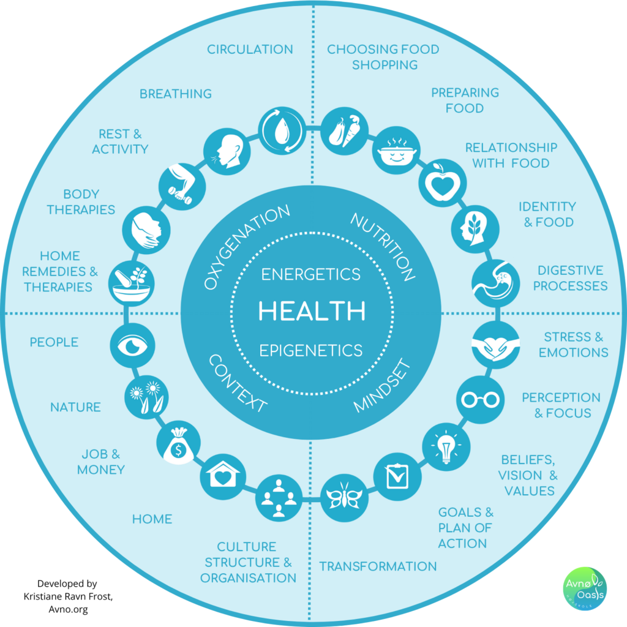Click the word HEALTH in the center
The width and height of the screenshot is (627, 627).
click(312, 310)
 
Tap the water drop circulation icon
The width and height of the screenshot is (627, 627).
click(282, 130)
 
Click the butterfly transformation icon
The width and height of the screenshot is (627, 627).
click(344, 498)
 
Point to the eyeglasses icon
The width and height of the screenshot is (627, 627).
click(480, 399)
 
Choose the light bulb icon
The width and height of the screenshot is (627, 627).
click(446, 446)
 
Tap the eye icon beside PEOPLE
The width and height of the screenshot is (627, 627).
click(133, 345)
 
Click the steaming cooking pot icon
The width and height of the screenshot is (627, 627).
click(396, 151)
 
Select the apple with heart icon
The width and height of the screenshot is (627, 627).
click(442, 182)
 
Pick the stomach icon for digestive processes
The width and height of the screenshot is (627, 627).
click(495, 283)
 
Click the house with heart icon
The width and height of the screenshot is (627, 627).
click(223, 476)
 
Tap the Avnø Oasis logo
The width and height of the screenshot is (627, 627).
click(585, 588)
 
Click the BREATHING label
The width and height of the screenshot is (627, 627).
click(176, 94)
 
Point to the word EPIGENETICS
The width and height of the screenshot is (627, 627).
click(310, 350)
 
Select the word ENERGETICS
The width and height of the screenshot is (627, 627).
click(310, 274)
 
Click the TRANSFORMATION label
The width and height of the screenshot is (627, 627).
click(377, 566)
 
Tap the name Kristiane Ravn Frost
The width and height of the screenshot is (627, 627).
click(68, 596)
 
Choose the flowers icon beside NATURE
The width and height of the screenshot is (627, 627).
click(146, 397)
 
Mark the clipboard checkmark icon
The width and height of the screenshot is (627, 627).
click(397, 476)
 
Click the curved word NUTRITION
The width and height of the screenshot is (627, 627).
click(383, 247)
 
